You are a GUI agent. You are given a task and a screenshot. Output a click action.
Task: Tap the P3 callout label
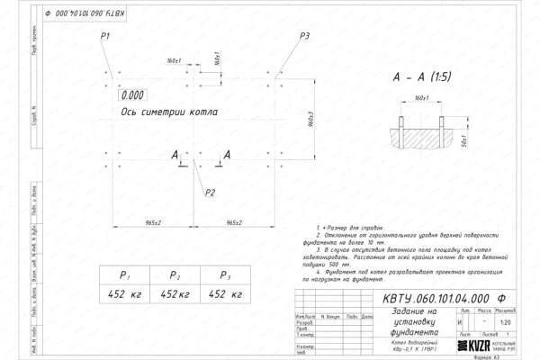coord(305,35)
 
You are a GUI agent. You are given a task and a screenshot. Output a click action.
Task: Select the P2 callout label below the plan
coord(210,192)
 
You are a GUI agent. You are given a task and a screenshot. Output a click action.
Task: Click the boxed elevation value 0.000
coord(132,94)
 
